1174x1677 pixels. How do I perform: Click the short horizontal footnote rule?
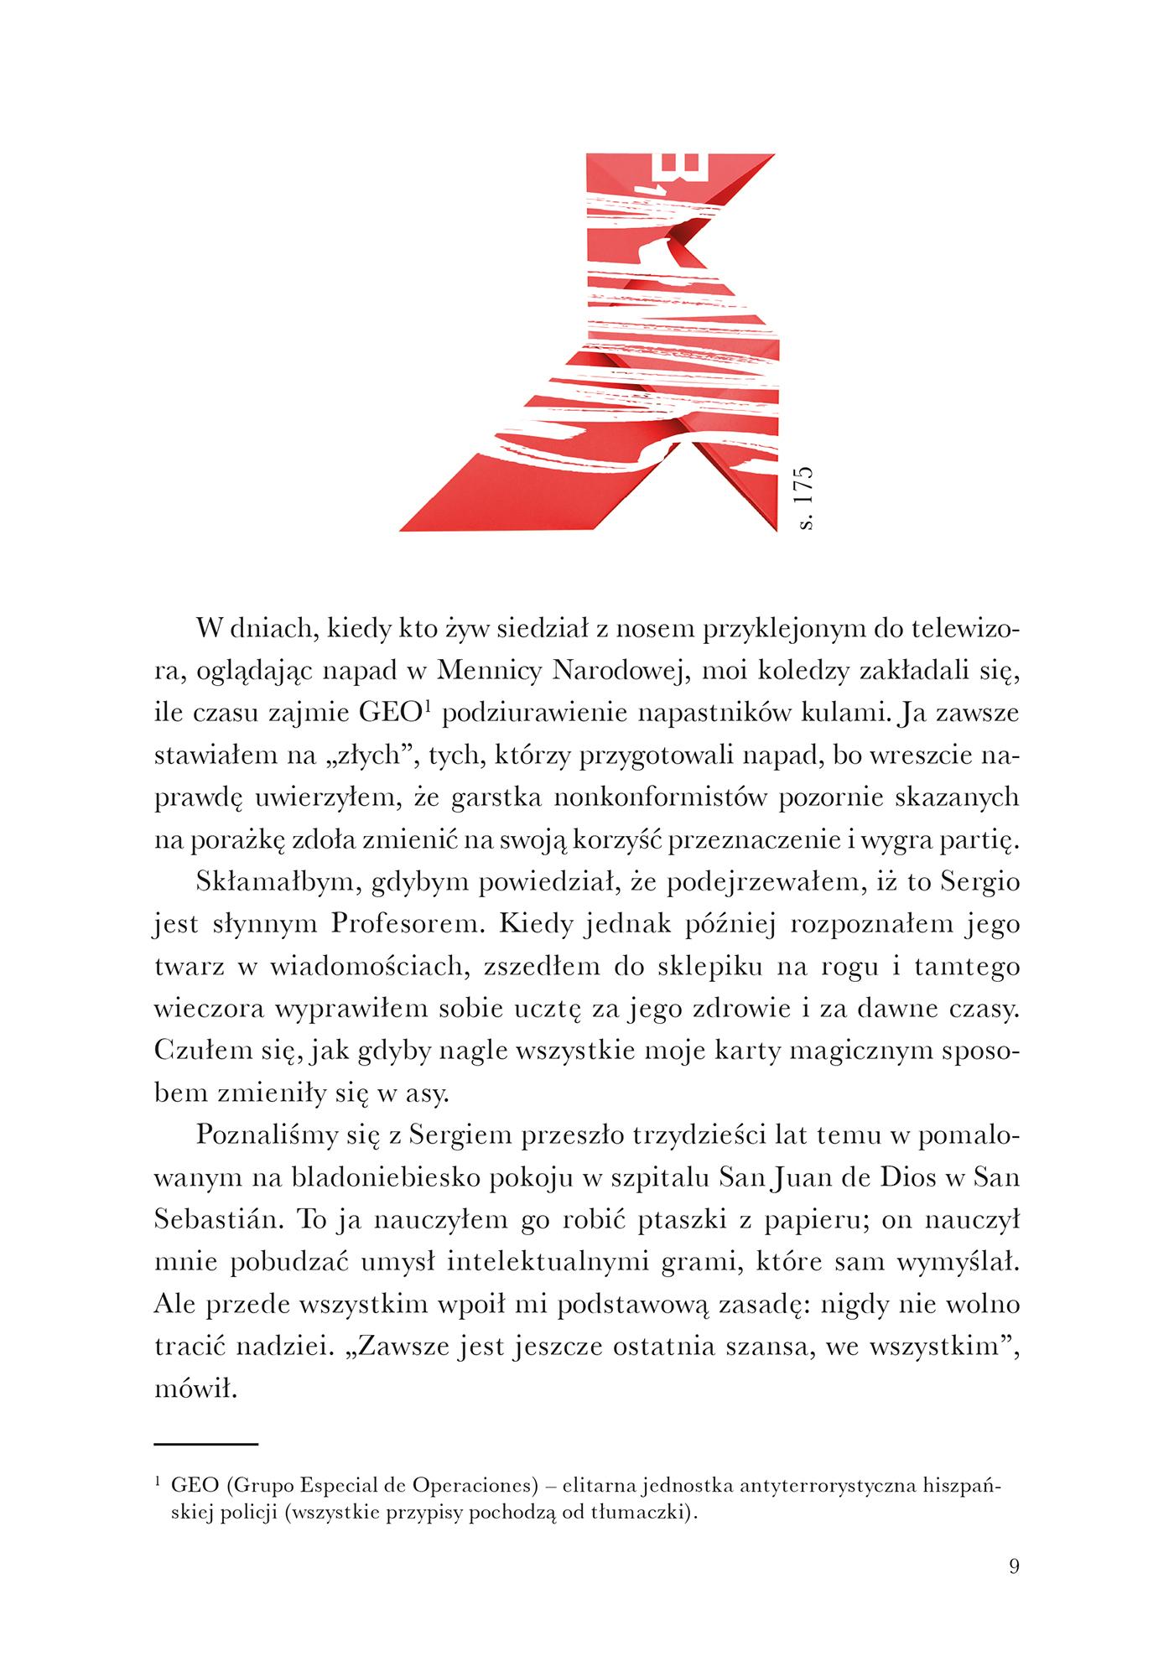(206, 1444)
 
